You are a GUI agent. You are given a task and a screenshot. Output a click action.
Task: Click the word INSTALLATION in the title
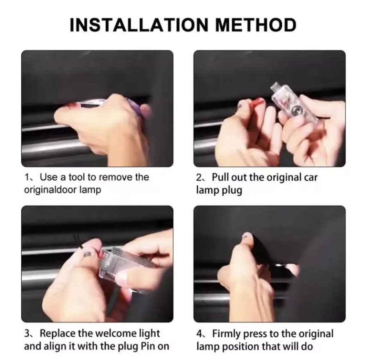139,25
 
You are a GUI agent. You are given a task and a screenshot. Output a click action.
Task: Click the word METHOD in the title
256,25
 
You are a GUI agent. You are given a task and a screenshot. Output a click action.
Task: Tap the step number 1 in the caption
27,177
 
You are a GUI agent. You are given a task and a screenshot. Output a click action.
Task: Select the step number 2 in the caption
199,177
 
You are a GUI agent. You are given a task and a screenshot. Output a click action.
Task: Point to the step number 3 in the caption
27,333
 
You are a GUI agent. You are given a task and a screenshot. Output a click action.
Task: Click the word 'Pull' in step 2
220,177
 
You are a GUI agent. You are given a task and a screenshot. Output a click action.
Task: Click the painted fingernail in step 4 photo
247,235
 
